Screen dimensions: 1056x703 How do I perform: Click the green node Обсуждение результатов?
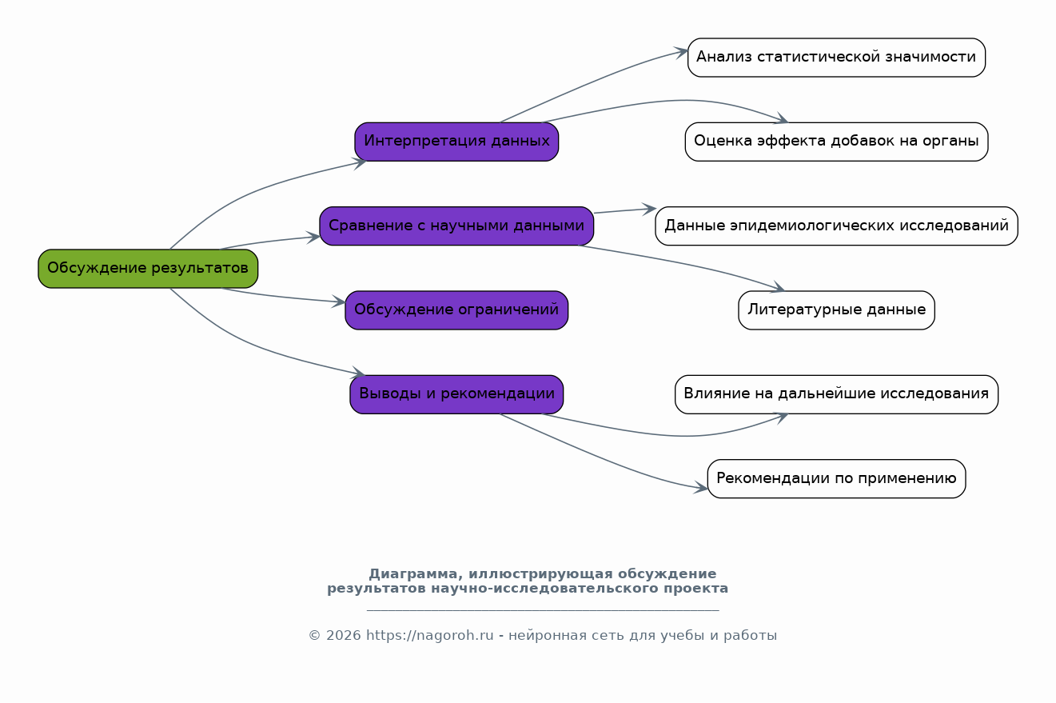point(148,268)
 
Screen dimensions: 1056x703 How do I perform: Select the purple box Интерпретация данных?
point(456,142)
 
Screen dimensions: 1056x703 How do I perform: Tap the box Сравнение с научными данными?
point(456,226)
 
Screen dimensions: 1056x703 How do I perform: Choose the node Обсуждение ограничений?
point(456,310)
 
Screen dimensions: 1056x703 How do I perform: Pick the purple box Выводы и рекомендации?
point(456,394)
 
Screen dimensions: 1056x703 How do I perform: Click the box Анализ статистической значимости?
point(836,58)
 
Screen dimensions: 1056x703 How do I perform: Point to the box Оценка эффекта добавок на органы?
point(836,142)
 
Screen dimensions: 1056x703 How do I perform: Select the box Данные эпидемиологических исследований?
point(836,226)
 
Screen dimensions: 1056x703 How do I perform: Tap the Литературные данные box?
point(836,310)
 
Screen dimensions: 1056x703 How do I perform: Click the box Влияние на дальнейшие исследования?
point(836,394)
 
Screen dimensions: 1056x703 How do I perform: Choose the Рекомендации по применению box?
point(836,478)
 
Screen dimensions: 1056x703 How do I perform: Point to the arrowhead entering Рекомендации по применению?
point(701,488)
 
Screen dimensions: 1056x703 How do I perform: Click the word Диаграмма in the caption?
point(412,573)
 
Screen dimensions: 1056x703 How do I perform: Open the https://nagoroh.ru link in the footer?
point(429,636)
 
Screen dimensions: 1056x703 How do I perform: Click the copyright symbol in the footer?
point(314,636)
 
